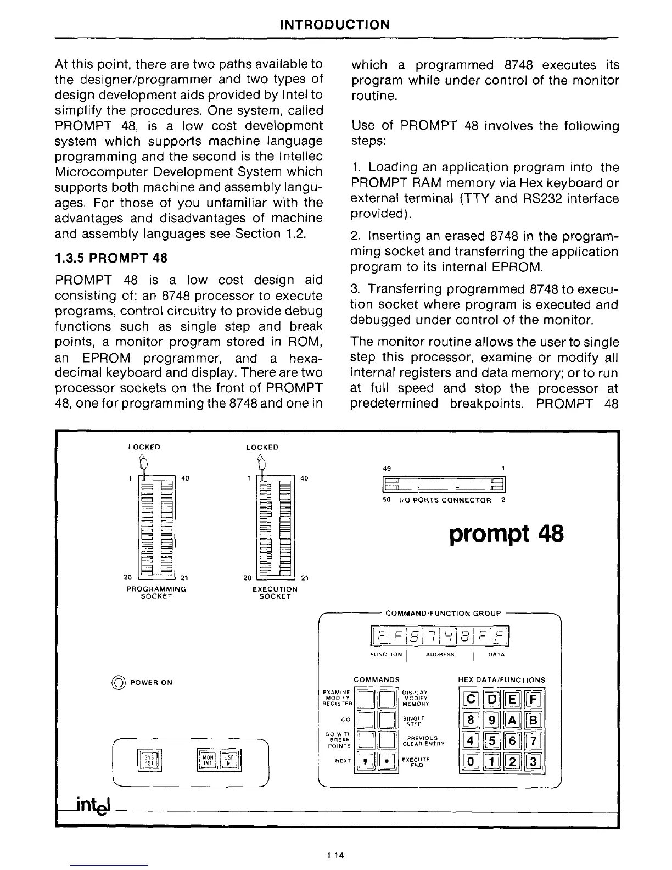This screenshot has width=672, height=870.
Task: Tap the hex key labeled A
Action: coord(512,720)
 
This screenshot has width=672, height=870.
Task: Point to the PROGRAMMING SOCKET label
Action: coord(156,592)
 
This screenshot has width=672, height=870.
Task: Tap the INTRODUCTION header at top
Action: coord(335,25)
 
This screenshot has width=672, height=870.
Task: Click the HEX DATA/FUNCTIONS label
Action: coord(501,679)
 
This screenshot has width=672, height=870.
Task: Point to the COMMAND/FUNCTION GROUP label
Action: coord(443,613)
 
